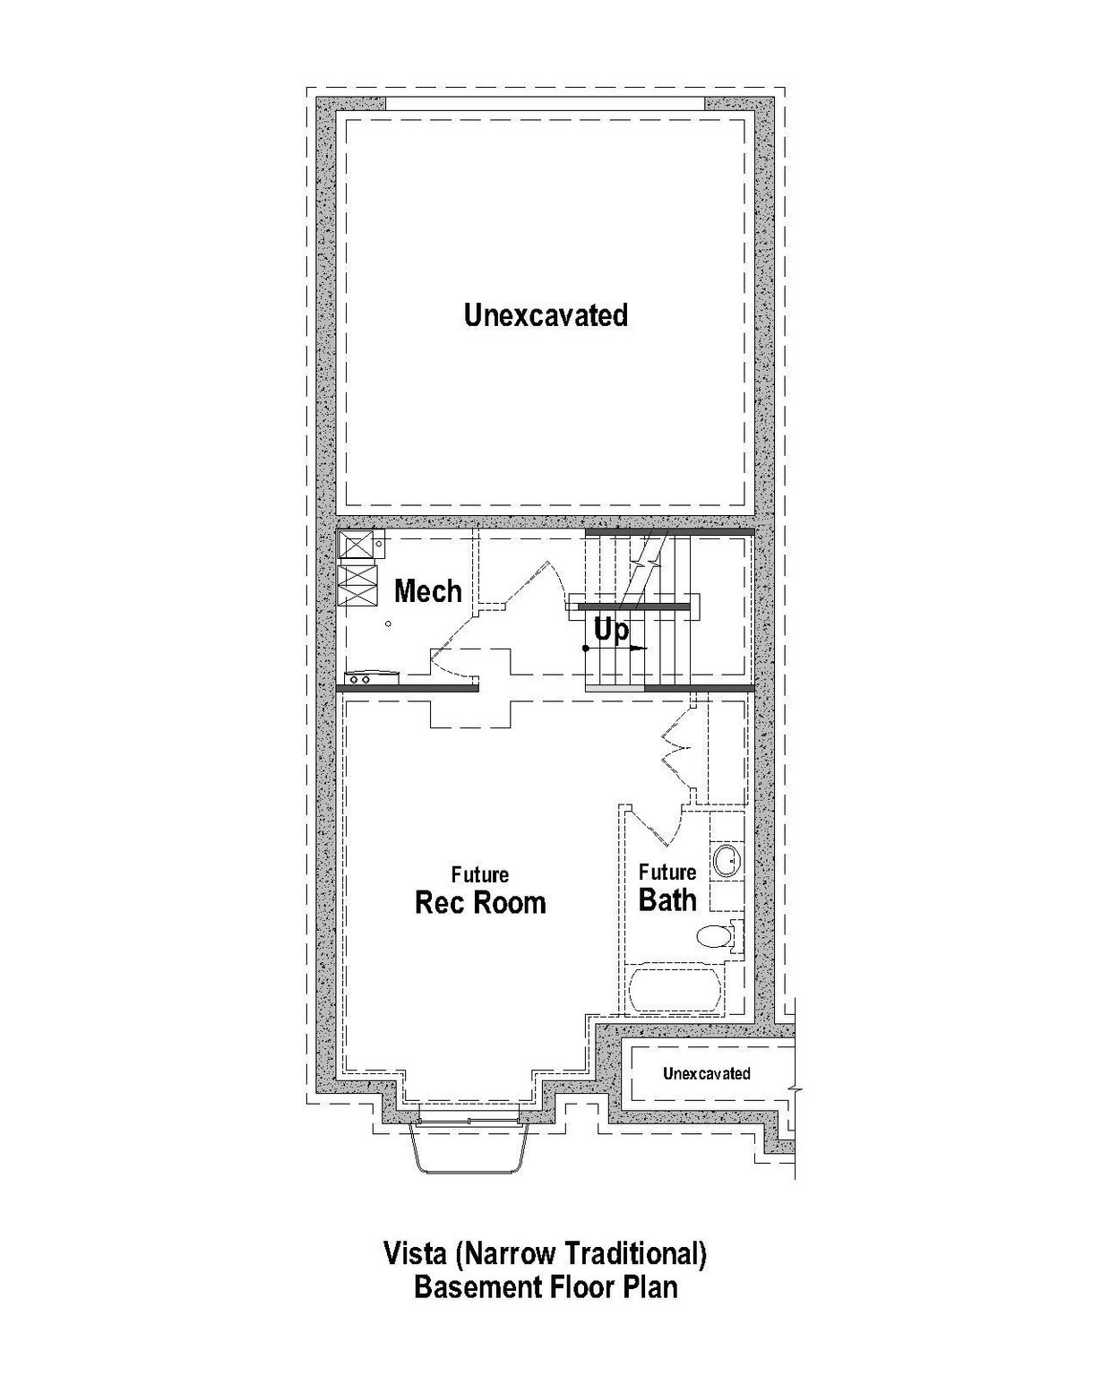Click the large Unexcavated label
(546, 315)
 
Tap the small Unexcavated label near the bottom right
(706, 1073)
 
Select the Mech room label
(428, 591)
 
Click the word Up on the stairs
(612, 630)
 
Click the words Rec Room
(480, 902)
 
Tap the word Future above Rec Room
(480, 874)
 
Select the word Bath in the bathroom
(667, 900)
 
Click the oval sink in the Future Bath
(727, 861)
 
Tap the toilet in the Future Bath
(717, 937)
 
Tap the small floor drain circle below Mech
(388, 623)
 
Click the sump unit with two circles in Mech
(360, 680)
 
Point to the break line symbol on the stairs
(641, 562)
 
